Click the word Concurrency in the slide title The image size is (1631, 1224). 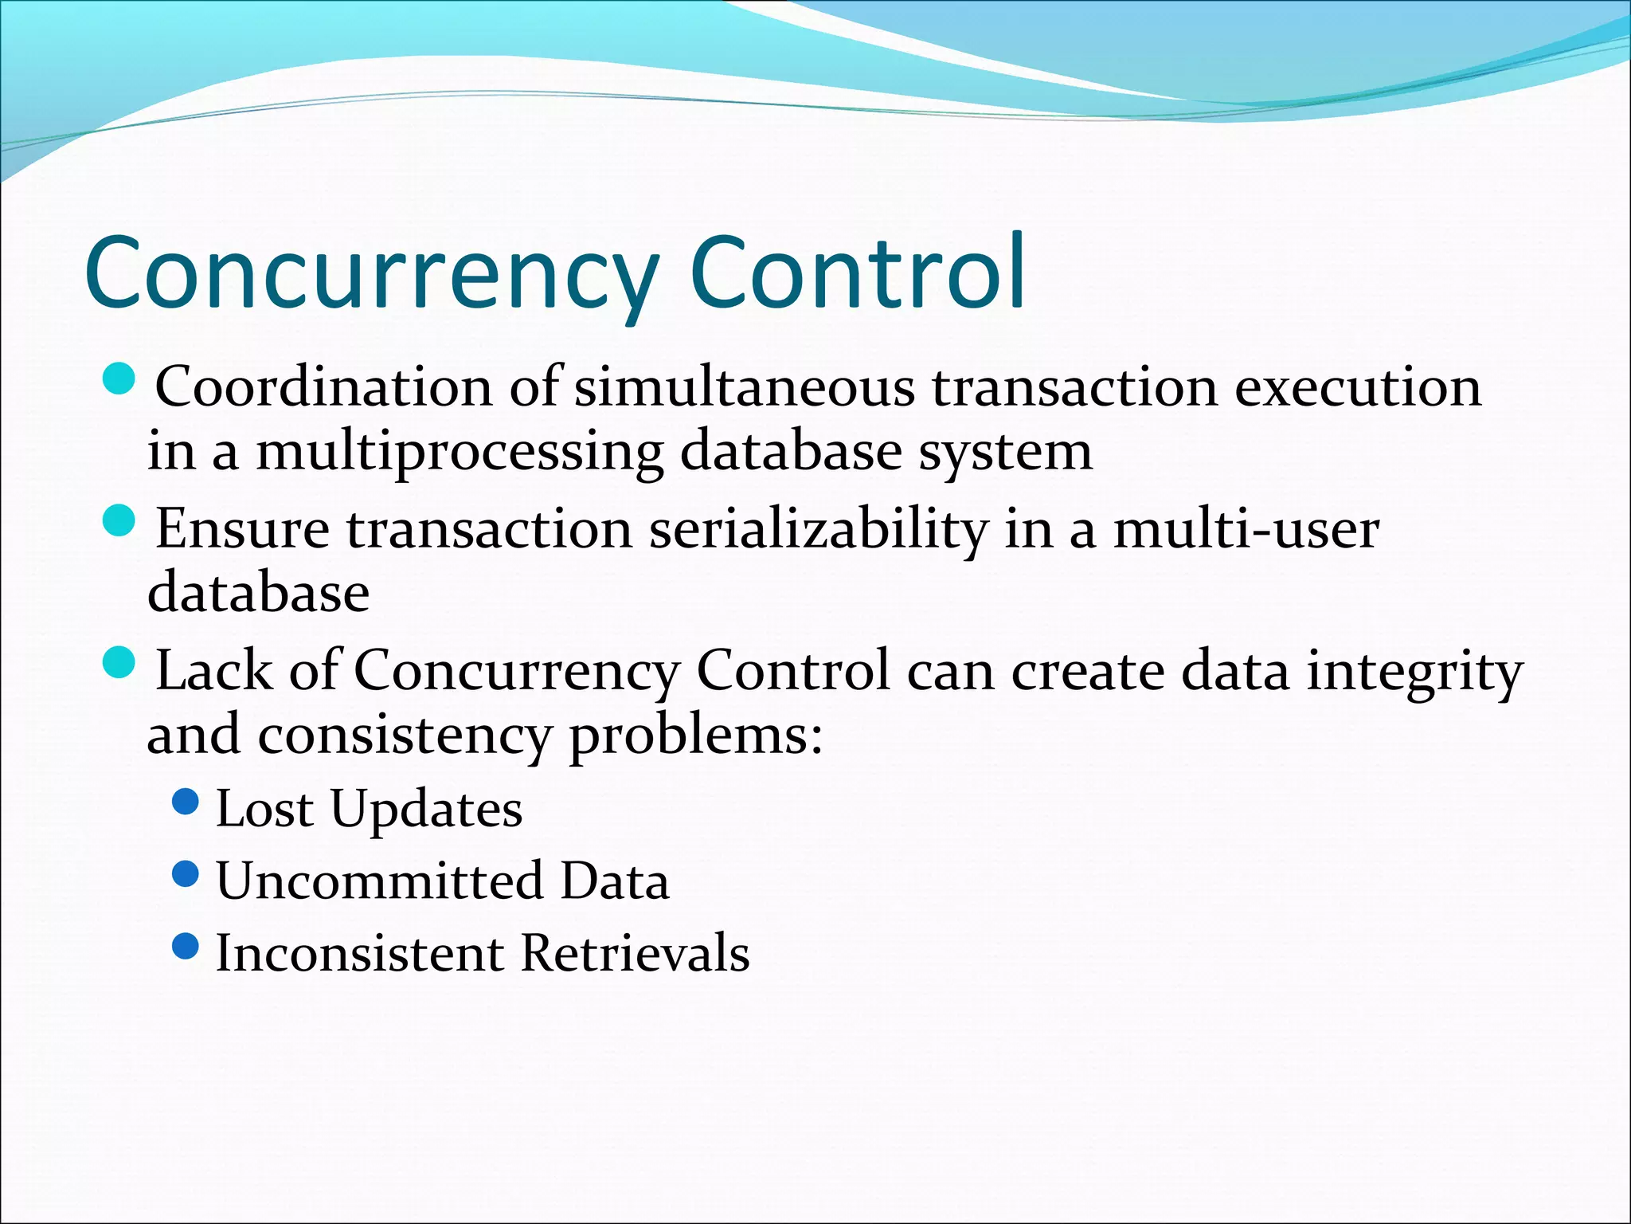tap(370, 273)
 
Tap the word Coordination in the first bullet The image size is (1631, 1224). tap(323, 387)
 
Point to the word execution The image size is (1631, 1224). tap(1358, 387)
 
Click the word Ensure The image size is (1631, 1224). tap(242, 528)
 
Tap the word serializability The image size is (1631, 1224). tap(818, 530)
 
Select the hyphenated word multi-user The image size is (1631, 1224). tap(1246, 528)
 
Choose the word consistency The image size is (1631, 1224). tap(405, 735)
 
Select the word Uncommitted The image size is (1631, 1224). tap(379, 881)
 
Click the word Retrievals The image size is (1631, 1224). tap(635, 952)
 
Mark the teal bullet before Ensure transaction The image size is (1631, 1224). tap(120, 522)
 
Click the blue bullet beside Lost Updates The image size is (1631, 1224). tap(185, 802)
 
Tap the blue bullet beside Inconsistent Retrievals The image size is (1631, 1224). tap(185, 946)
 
